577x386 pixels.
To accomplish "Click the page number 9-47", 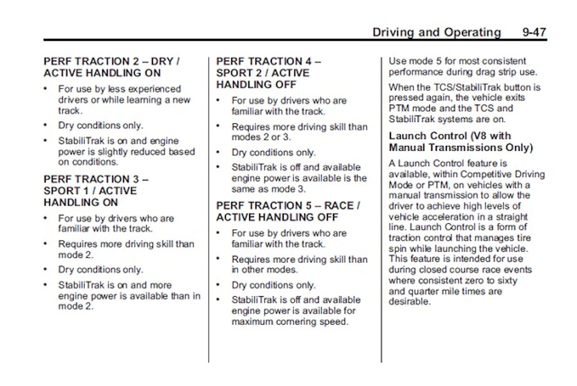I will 534,33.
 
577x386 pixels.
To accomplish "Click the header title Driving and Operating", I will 437,33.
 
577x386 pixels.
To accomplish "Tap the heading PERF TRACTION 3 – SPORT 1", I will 96,179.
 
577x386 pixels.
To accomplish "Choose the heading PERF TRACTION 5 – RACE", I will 288,205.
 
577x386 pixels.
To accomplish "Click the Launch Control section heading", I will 450,136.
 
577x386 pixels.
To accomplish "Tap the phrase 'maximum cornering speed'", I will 289,322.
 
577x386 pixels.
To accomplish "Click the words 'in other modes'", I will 264,270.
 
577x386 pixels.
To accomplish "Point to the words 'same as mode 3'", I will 268,189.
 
